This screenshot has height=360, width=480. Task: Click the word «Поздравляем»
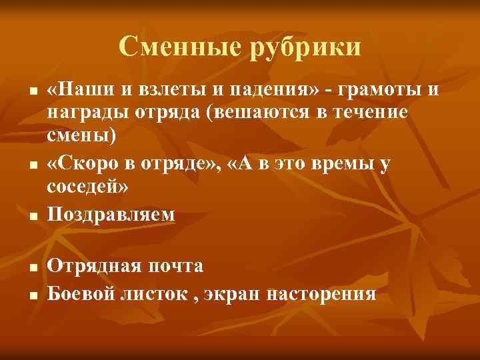coord(112,214)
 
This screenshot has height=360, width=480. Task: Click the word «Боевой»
coord(82,293)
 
